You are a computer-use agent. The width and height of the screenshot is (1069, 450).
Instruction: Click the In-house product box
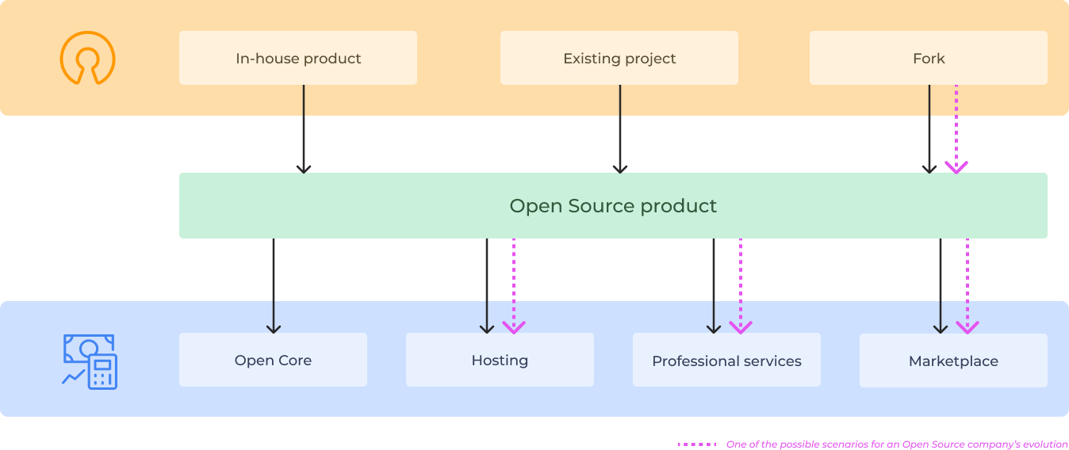click(x=298, y=58)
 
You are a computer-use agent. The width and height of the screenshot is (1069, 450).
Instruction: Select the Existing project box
click(x=619, y=58)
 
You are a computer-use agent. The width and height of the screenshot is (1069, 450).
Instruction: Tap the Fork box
click(x=928, y=58)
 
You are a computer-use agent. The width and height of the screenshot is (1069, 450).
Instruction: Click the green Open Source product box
click(x=613, y=206)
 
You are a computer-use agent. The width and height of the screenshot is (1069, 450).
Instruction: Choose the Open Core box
click(x=273, y=360)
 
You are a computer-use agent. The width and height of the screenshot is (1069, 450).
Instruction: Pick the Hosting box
click(x=500, y=360)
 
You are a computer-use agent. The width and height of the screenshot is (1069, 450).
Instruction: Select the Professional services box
click(x=726, y=360)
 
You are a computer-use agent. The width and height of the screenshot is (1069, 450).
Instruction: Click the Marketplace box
click(x=953, y=360)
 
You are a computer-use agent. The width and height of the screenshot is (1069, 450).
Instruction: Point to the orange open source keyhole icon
click(x=87, y=58)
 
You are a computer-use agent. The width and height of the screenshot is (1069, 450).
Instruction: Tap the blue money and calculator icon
click(x=90, y=361)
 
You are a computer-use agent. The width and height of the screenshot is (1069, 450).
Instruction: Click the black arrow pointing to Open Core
click(x=274, y=285)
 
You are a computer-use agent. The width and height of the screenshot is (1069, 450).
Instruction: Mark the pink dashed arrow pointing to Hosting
click(x=514, y=285)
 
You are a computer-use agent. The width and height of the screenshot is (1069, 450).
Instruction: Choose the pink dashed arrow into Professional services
click(x=741, y=285)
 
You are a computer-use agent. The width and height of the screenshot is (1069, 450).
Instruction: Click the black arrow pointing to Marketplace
click(x=941, y=285)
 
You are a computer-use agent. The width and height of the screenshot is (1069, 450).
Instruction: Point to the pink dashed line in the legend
click(x=698, y=444)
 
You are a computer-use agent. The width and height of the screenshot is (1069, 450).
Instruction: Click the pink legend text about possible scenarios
click(x=897, y=444)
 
